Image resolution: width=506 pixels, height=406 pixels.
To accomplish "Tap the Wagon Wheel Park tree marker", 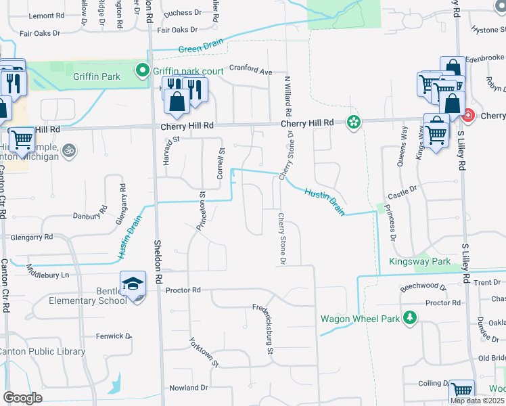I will (x=409, y=317).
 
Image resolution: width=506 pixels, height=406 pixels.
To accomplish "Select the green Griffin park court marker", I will (x=143, y=70).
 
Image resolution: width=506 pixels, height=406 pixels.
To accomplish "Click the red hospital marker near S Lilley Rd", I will (x=467, y=116).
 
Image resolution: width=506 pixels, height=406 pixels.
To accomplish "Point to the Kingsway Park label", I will (x=419, y=261).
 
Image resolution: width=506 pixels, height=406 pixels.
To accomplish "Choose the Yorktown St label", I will (x=204, y=352).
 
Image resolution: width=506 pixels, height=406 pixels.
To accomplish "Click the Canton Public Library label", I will (x=42, y=351).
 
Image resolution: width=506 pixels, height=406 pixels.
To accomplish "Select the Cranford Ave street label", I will (x=250, y=70).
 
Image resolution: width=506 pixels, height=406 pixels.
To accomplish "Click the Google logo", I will (x=22, y=397).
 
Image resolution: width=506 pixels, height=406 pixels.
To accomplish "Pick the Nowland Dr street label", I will (x=189, y=388).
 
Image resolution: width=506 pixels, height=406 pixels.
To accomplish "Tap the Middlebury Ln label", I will (x=47, y=275).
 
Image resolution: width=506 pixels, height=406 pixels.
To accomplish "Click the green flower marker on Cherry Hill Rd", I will (x=352, y=122).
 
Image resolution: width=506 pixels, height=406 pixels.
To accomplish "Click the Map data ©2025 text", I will (x=477, y=401).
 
